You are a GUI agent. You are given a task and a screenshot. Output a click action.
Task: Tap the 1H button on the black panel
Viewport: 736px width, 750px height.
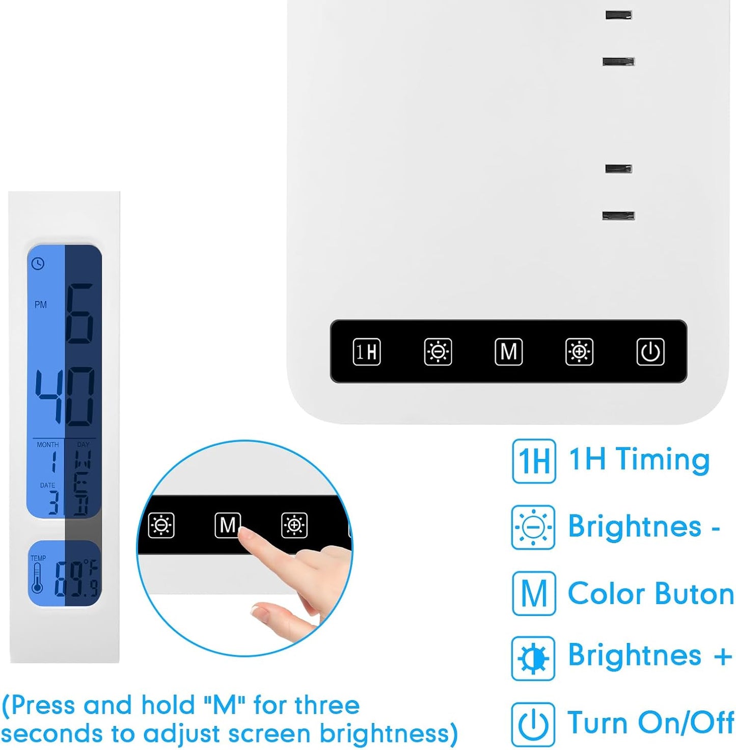pyautogui.click(x=367, y=352)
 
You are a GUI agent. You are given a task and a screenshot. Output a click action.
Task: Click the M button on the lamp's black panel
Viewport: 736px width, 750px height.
pyautogui.click(x=508, y=352)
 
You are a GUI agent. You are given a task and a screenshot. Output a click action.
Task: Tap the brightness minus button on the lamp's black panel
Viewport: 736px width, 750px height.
pyautogui.click(x=438, y=352)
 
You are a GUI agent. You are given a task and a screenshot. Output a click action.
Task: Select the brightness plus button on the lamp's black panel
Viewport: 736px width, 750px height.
pyautogui.click(x=579, y=352)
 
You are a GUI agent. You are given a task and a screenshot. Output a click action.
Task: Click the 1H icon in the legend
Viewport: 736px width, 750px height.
pyautogui.click(x=533, y=461)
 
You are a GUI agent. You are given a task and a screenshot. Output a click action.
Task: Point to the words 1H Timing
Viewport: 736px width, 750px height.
pyautogui.click(x=639, y=460)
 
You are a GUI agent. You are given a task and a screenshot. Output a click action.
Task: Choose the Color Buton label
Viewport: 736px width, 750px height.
pyautogui.click(x=650, y=594)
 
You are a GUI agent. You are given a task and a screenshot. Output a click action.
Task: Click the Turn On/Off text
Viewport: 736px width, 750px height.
pyautogui.click(x=650, y=722)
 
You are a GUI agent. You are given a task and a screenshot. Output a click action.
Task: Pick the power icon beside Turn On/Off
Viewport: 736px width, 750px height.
pyautogui.click(x=533, y=724)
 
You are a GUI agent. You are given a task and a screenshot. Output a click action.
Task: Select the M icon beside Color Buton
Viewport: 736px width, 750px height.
pyautogui.click(x=533, y=594)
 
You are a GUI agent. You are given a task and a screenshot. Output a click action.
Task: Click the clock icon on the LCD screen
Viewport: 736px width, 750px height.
pyautogui.click(x=38, y=263)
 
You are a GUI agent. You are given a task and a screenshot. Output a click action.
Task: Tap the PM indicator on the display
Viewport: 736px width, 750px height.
pyautogui.click(x=41, y=305)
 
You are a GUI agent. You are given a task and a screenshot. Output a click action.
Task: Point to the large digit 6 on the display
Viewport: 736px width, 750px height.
pyautogui.click(x=80, y=313)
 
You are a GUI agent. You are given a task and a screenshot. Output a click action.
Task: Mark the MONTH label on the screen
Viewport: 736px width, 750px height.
pyautogui.click(x=47, y=445)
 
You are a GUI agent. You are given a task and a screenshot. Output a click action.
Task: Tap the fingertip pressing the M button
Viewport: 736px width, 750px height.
pyautogui.click(x=246, y=533)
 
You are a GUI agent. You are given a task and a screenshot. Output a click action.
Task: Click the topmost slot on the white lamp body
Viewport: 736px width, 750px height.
pyautogui.click(x=618, y=15)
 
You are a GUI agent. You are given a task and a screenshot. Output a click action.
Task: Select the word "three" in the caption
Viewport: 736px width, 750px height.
pyautogui.click(x=326, y=705)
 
